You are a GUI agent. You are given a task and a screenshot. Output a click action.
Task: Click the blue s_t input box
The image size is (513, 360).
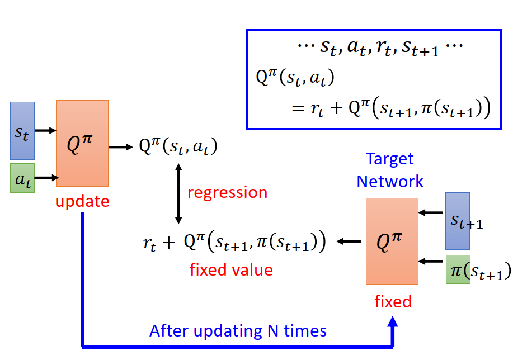pyautogui.click(x=22, y=131)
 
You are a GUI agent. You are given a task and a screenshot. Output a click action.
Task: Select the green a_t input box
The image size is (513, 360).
pyautogui.click(x=22, y=178)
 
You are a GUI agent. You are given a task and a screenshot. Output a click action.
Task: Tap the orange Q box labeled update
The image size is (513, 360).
pyautogui.click(x=82, y=143)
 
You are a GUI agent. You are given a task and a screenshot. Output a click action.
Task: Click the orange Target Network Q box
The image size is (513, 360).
pyautogui.click(x=392, y=241)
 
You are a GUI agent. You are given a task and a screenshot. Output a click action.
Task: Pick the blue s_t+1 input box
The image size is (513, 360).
pyautogui.click(x=457, y=221)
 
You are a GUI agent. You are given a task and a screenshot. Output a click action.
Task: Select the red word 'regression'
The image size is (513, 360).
pyautogui.click(x=227, y=192)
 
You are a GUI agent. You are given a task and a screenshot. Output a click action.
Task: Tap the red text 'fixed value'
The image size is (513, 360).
pyautogui.click(x=231, y=270)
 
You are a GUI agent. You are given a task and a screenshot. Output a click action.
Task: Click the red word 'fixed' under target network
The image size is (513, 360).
pyautogui.click(x=393, y=302)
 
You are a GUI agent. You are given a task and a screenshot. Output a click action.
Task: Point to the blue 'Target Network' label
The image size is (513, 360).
pyautogui.click(x=390, y=170)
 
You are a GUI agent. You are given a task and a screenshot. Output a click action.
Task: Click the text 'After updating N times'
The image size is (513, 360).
pyautogui.click(x=238, y=330)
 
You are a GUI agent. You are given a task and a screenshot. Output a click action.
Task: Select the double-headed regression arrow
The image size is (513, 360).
pyautogui.click(x=178, y=192)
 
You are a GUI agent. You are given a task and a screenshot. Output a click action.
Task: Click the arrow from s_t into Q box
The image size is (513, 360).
pyautogui.click(x=45, y=131)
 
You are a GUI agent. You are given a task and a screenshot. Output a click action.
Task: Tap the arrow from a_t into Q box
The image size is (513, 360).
pyautogui.click(x=45, y=178)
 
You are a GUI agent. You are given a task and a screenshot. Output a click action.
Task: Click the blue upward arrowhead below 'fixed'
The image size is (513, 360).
pyautogui.click(x=393, y=323)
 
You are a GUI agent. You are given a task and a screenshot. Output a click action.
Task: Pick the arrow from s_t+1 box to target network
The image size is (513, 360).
pyautogui.click(x=431, y=213)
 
